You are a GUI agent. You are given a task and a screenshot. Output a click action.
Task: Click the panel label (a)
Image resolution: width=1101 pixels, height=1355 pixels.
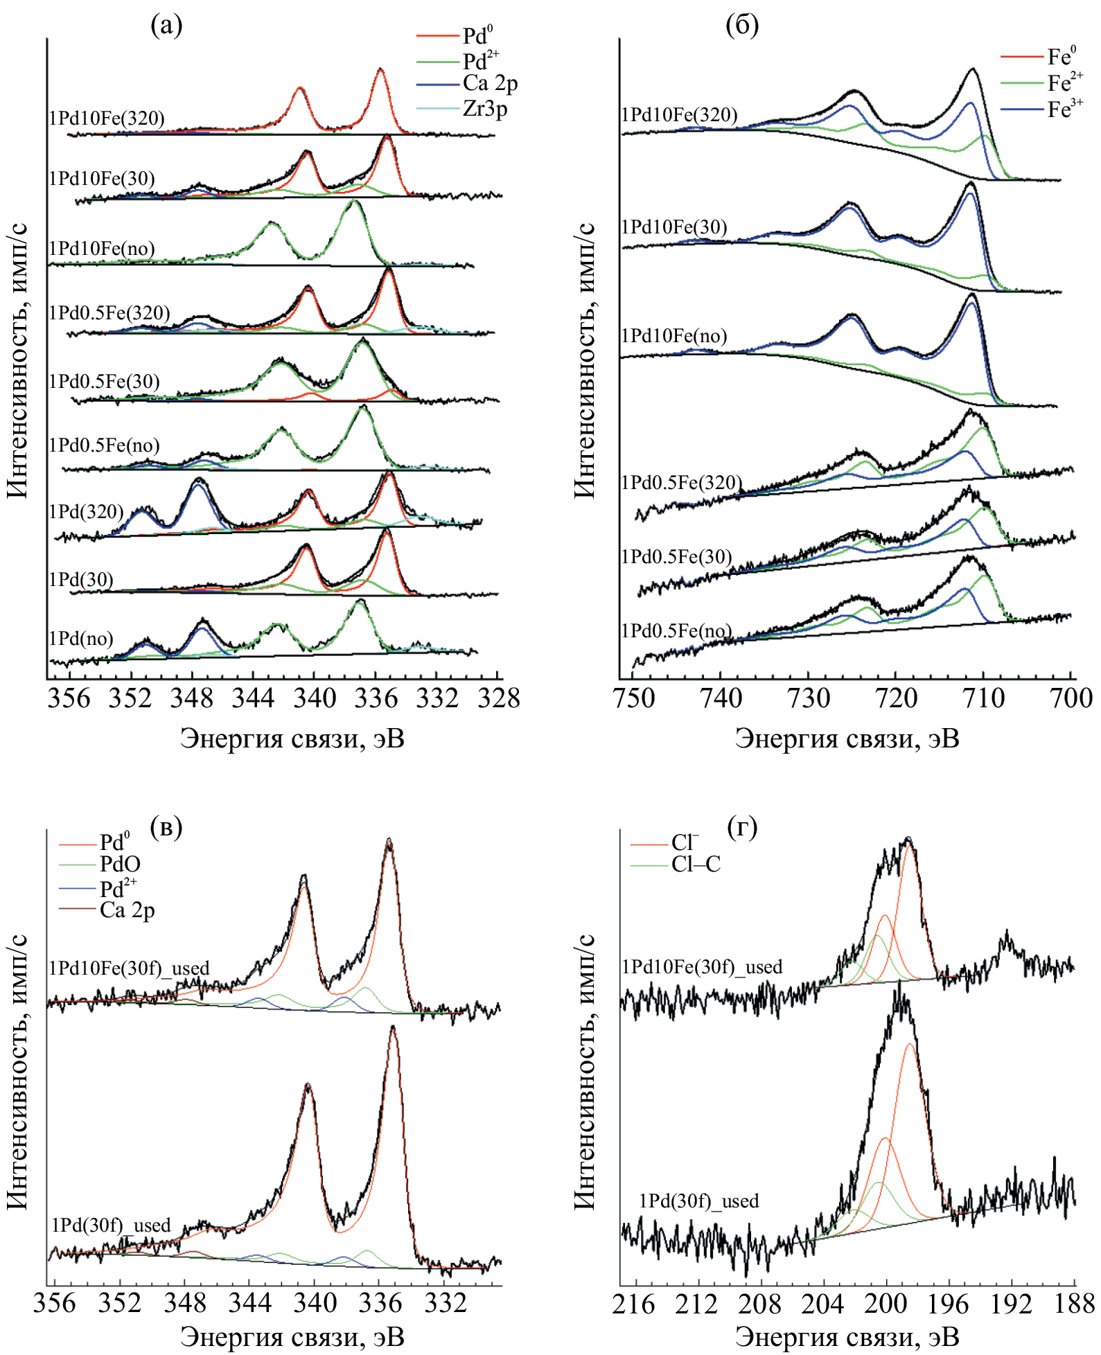pos(166,26)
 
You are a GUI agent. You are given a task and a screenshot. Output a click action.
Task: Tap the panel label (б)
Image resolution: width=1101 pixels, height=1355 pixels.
pos(741,26)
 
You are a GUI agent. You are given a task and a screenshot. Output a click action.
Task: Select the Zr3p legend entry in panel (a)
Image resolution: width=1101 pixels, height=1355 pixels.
pos(485,109)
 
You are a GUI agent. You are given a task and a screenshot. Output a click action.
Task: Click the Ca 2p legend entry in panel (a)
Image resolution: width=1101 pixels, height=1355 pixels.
pos(490,83)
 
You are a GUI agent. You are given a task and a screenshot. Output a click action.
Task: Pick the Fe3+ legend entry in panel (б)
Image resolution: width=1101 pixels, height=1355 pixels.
pos(1064,109)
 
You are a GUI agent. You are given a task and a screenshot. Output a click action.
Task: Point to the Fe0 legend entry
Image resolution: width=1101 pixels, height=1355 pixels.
pos(1061,56)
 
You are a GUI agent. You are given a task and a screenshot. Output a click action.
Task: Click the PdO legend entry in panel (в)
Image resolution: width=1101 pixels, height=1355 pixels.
pos(120,864)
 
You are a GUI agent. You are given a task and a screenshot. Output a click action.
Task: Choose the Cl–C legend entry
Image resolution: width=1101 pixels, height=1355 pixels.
pos(695,864)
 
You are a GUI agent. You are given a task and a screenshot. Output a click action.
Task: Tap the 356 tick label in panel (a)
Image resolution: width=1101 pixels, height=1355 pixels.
pos(69,698)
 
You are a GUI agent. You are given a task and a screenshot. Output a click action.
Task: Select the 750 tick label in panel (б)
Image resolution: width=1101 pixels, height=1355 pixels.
pos(634,698)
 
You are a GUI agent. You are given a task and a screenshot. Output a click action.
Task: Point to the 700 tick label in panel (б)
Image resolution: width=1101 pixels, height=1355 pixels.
pos(1071,698)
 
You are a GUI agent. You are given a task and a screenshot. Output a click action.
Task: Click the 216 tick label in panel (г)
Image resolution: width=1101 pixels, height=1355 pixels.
pos(633,1304)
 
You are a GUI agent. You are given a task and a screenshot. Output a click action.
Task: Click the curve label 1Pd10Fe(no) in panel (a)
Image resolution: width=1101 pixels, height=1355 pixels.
pos(102,249)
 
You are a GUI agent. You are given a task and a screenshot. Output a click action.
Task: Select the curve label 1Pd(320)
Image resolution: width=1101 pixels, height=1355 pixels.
pos(86,512)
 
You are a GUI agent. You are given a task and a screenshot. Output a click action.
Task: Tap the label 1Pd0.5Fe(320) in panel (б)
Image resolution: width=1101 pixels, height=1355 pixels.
pos(681,482)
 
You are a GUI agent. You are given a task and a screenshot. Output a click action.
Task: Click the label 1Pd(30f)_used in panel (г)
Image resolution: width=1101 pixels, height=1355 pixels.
pos(698,1201)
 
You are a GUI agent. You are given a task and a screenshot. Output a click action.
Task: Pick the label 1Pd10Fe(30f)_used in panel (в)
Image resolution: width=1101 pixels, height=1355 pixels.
pos(129,968)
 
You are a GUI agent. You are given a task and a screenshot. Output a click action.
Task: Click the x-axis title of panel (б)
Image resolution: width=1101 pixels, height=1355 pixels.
pos(847,738)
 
